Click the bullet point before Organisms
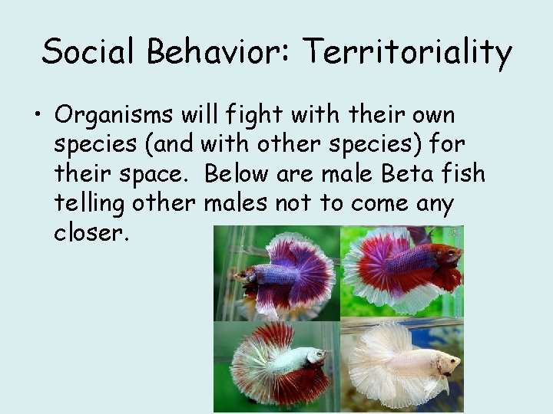(x=35, y=119)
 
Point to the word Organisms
(x=115, y=117)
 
